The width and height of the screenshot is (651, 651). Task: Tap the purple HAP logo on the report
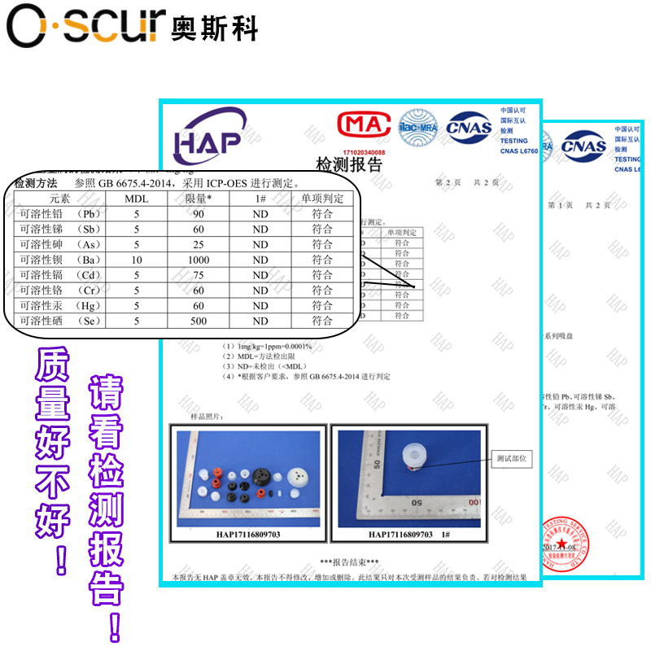(209, 133)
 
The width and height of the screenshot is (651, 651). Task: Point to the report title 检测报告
(348, 165)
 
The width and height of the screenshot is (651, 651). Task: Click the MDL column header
(136, 199)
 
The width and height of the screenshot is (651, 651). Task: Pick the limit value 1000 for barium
(198, 260)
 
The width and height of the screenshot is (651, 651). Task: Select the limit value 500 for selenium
(198, 321)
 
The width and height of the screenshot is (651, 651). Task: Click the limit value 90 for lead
(198, 214)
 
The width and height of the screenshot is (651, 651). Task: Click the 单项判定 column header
(322, 199)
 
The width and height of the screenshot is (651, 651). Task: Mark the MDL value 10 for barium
(136, 260)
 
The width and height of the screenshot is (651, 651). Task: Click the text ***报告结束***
(349, 562)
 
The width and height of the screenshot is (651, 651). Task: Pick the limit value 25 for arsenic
(198, 244)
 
